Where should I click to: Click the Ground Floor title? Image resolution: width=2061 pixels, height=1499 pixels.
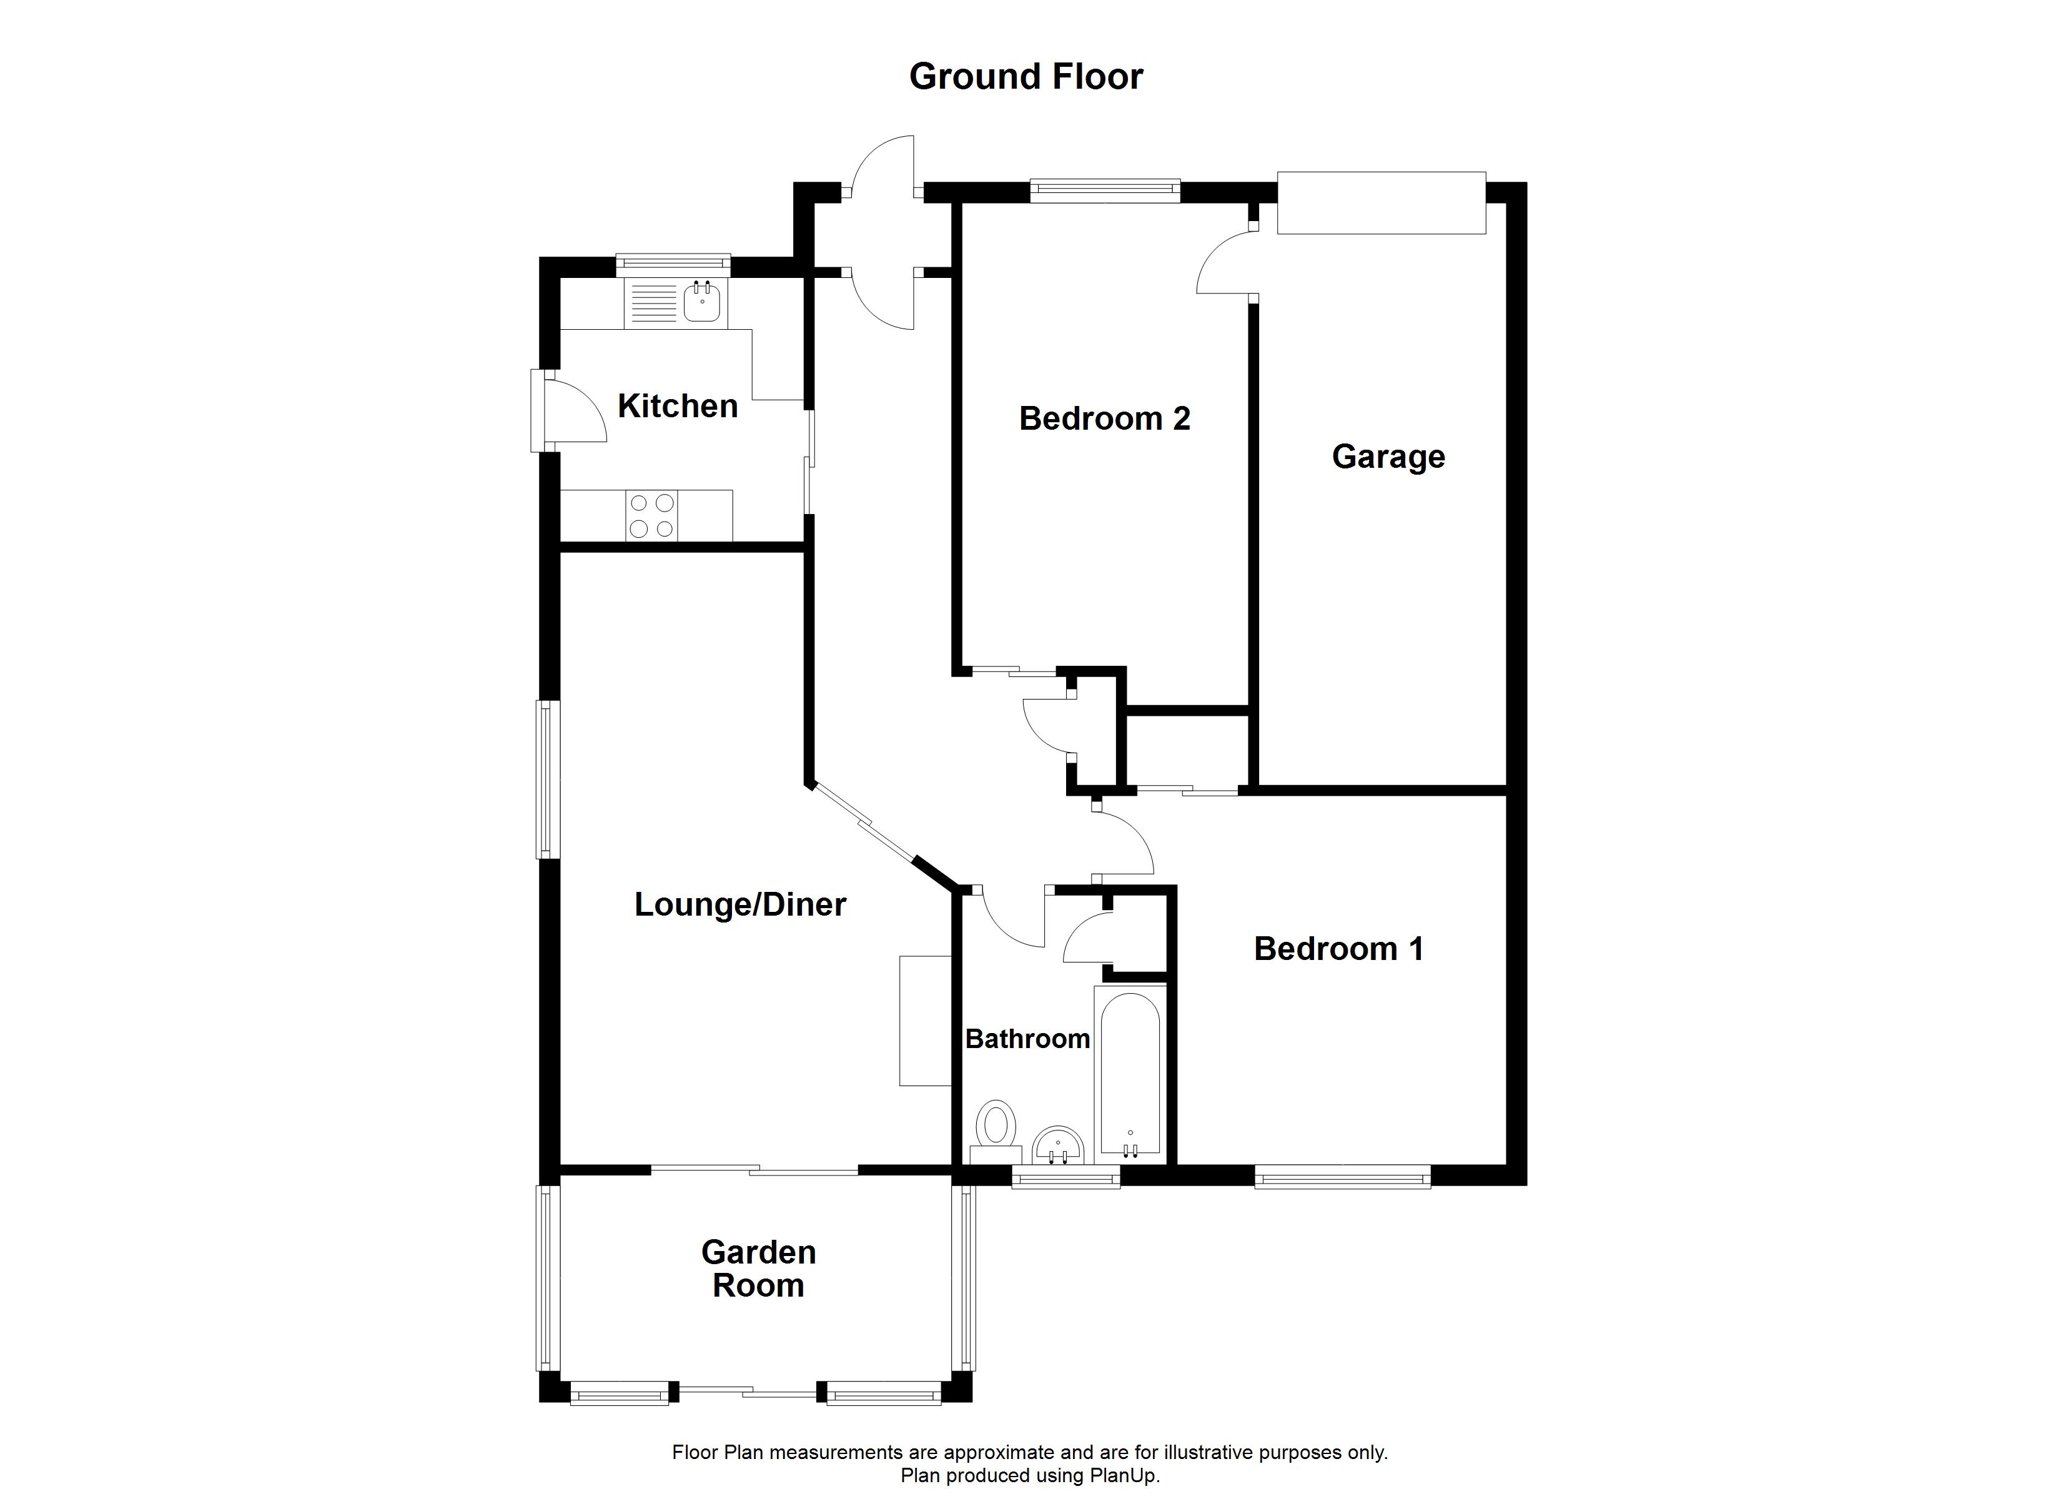click(1026, 77)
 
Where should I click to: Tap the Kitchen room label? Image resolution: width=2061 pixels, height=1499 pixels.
click(678, 407)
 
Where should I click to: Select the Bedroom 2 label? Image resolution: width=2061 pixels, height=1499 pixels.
click(1104, 419)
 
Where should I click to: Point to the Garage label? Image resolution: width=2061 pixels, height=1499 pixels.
click(1388, 457)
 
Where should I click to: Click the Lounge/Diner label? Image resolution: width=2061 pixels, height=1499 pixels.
click(739, 904)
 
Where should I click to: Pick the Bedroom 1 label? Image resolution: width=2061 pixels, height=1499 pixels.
click(1338, 949)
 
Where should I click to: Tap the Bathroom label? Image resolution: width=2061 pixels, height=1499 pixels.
click(1027, 1039)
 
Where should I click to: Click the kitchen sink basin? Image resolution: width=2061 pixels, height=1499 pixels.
click(703, 303)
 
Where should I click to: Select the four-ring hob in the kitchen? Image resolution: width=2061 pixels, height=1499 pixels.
click(651, 515)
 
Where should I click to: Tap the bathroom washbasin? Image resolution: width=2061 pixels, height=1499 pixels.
click(1058, 1145)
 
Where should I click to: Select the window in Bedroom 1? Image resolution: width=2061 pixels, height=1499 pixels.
click(1342, 1178)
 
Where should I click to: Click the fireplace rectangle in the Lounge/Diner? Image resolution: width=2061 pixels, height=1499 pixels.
click(924, 1020)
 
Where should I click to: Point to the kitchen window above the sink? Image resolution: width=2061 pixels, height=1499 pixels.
click(673, 264)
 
